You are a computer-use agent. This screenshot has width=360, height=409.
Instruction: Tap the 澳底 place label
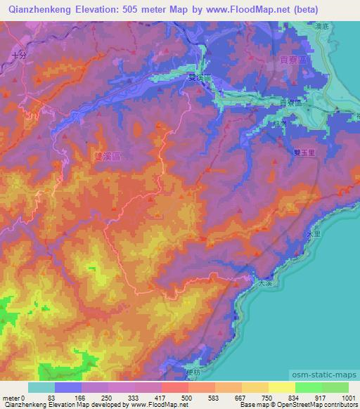pos(323,27)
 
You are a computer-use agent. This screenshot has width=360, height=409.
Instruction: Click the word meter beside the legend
pos(11,397)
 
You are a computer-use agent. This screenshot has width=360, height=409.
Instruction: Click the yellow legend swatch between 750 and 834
pos(282,387)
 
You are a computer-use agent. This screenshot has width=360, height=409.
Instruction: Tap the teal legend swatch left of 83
pos(41,387)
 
